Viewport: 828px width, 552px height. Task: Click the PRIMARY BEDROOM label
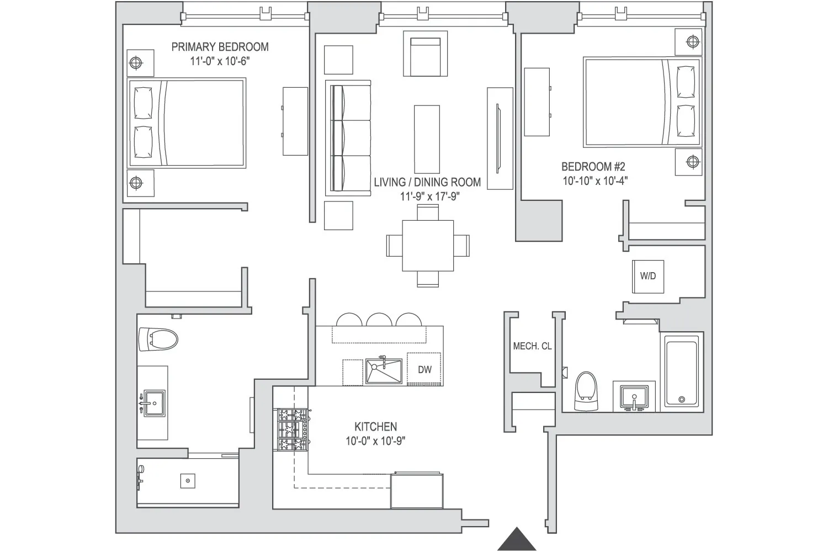point(220,47)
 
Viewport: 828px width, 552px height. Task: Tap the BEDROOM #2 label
point(593,167)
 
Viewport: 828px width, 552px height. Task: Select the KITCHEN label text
point(375,427)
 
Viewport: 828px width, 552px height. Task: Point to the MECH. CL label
point(532,347)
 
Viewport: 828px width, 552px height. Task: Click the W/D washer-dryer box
point(648,276)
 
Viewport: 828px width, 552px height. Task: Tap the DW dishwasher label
point(424,370)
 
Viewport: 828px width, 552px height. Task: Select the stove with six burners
point(292,430)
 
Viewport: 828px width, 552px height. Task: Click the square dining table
point(428,245)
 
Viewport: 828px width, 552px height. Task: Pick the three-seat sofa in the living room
point(349,137)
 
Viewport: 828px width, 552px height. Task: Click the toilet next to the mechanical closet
point(586,391)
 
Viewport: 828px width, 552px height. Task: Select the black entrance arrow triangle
point(517,539)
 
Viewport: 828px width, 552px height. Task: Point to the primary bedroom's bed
point(187,123)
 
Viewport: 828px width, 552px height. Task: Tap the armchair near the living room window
point(425,54)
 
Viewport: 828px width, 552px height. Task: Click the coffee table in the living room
point(427,139)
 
